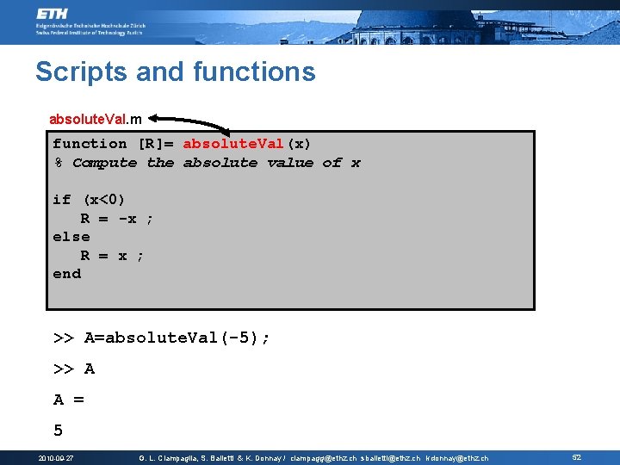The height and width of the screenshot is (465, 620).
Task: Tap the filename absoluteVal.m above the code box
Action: [x=96, y=118]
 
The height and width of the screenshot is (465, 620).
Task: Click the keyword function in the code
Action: [x=90, y=144]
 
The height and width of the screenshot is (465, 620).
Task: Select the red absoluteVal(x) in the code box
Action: [x=247, y=144]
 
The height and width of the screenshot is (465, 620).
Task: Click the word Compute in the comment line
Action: [x=104, y=163]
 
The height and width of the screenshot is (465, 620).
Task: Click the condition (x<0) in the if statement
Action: [x=104, y=200]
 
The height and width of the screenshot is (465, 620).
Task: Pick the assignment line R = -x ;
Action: [x=117, y=219]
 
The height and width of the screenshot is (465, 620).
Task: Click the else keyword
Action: [x=71, y=237]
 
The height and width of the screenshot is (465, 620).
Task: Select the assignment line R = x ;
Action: [x=113, y=256]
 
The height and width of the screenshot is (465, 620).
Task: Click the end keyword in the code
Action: [x=66, y=274]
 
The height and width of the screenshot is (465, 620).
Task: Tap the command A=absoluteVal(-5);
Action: [x=177, y=338]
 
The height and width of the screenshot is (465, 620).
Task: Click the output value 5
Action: [x=59, y=430]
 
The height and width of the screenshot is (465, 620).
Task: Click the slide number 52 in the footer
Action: [x=577, y=458]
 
